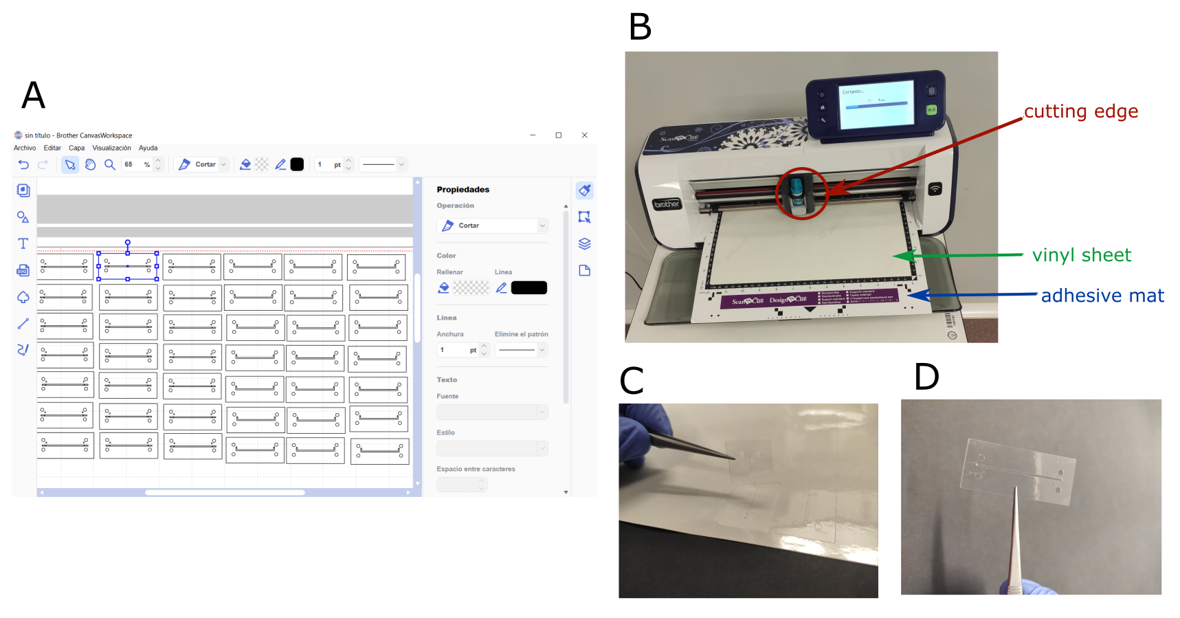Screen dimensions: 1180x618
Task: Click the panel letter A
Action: point(33,96)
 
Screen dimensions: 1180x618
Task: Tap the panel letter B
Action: point(640,27)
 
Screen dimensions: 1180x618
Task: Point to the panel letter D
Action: point(926,377)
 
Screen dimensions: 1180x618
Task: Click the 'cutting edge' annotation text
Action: point(1080,111)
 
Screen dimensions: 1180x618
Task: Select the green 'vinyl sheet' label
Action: point(1081,255)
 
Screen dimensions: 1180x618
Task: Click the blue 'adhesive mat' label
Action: point(1102,296)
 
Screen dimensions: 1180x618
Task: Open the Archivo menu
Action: point(25,148)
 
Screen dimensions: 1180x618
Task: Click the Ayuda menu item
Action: point(148,148)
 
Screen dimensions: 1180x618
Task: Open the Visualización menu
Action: point(111,148)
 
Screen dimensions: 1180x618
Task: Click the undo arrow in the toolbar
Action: point(23,164)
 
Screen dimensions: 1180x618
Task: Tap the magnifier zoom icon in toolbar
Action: point(109,164)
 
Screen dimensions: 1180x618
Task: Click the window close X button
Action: point(584,135)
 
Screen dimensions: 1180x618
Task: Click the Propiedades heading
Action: point(463,190)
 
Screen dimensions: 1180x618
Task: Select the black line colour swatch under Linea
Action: point(528,287)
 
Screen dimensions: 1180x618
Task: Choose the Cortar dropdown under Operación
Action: point(491,225)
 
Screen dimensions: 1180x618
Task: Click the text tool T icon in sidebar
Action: point(23,243)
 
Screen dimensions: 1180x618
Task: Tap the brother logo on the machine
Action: point(666,204)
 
